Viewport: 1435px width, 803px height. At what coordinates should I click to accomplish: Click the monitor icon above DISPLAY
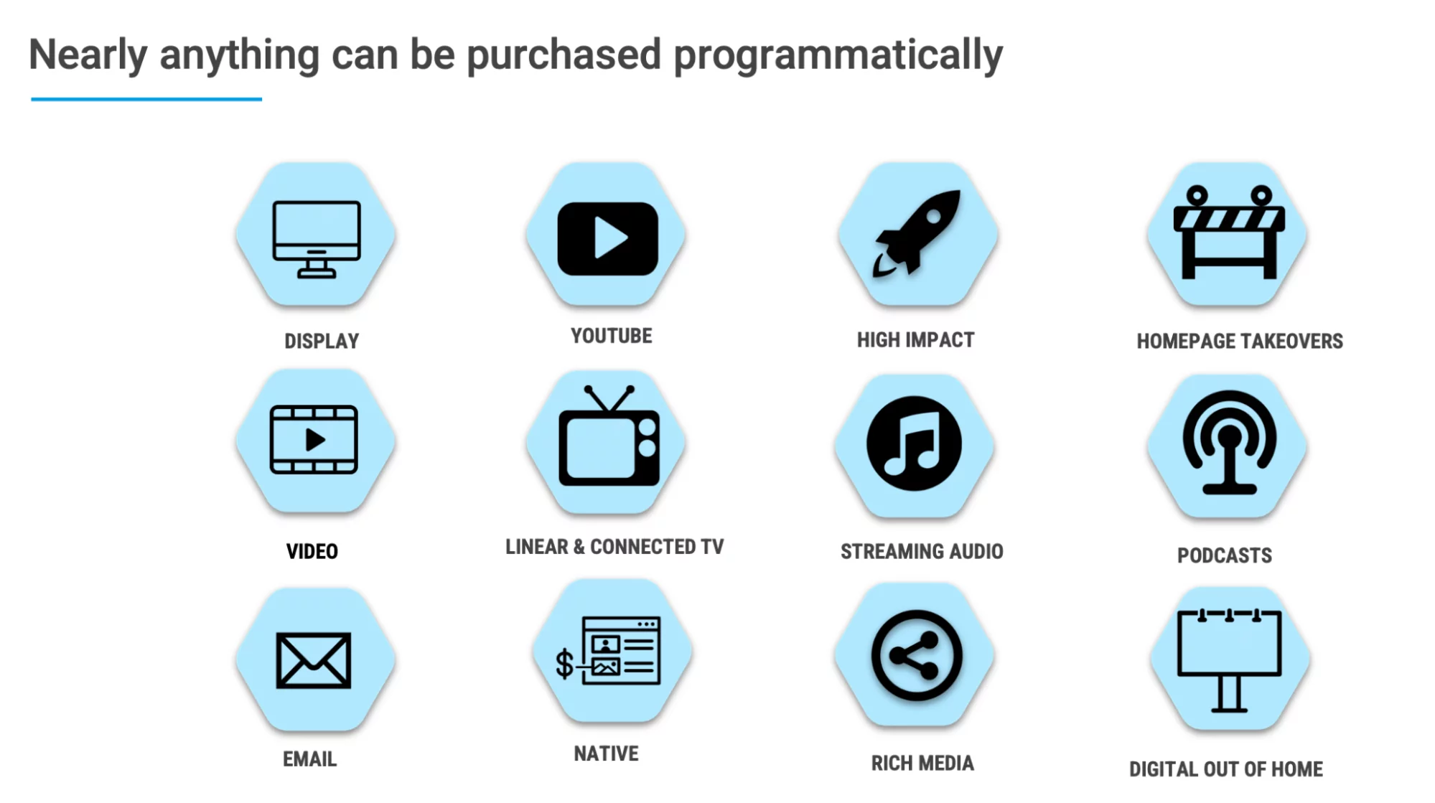[x=317, y=240]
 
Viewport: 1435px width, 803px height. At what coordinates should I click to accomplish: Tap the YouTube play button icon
[x=608, y=239]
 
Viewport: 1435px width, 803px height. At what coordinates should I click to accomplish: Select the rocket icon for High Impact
[x=917, y=233]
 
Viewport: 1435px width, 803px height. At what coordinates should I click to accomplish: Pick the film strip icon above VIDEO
[x=314, y=439]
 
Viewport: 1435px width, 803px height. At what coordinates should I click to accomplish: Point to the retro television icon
[x=609, y=436]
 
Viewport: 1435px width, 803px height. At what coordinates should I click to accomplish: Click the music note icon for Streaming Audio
[x=914, y=443]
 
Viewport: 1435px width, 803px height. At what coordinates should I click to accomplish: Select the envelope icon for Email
[x=314, y=660]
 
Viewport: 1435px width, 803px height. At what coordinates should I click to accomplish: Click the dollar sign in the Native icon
[x=565, y=663]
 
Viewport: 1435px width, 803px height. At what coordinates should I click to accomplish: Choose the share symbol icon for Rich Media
[x=916, y=655]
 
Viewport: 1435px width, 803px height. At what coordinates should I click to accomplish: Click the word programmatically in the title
[x=838, y=56]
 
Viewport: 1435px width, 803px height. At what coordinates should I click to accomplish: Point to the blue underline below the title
[x=146, y=99]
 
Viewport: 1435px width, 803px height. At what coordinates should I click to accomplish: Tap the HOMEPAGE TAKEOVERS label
[x=1240, y=341]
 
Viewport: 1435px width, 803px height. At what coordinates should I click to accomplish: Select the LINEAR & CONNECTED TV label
[x=614, y=547]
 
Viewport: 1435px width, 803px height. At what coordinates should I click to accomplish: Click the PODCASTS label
[x=1225, y=555]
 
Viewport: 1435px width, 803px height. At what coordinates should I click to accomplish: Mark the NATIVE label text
[x=606, y=753]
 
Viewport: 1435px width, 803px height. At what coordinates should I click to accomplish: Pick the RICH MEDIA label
[x=922, y=763]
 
